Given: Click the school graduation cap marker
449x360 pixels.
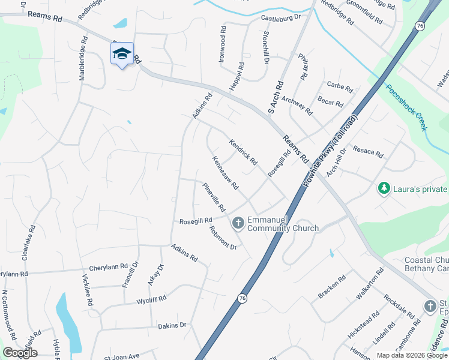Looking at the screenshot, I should tap(122, 54).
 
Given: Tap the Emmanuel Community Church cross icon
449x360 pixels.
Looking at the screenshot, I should tap(238, 224).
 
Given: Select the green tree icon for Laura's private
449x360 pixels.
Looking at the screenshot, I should tap(384, 189).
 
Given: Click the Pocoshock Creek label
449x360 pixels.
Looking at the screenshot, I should tap(407, 107).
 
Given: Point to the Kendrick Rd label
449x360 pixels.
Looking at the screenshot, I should tap(243, 152).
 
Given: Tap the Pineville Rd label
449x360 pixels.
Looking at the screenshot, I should tap(214, 197).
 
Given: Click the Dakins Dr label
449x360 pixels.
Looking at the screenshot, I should tap(173, 325).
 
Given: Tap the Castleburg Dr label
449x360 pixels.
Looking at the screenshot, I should tap(280, 19).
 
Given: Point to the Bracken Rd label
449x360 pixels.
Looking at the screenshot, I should tap(332, 286).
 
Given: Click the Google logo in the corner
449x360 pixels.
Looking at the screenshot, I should tap(20, 352).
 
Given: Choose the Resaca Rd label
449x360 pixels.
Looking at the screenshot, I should tap(368, 151).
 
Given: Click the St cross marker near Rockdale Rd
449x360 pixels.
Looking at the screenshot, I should tap(430, 307).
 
